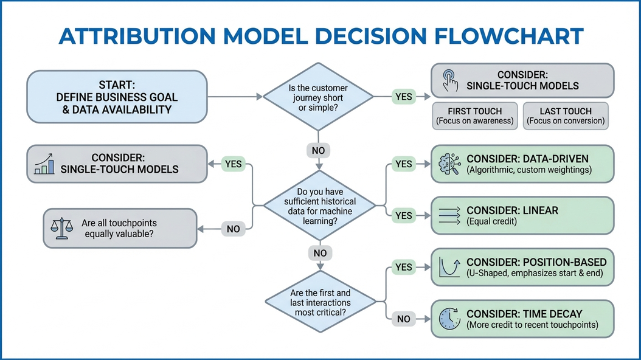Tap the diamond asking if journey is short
click(x=317, y=97)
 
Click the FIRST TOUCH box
click(x=474, y=116)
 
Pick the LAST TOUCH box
click(x=566, y=116)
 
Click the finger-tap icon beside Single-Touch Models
click(x=450, y=81)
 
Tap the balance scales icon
click(x=61, y=228)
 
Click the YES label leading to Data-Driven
click(x=403, y=164)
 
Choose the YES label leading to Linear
click(x=403, y=215)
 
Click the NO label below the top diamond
click(x=318, y=150)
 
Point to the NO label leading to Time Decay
click(x=403, y=319)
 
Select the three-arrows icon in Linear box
click(x=449, y=215)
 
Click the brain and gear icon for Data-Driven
click(x=449, y=164)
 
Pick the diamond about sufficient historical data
click(x=317, y=206)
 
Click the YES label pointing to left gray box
click(x=233, y=164)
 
